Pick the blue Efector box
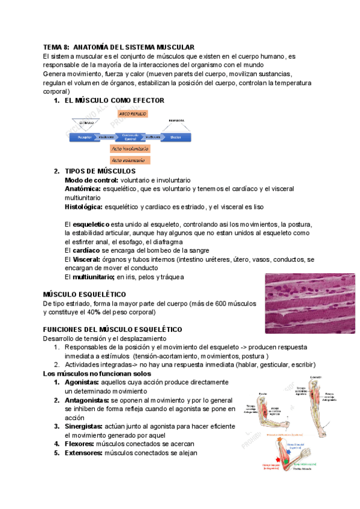click(175, 137)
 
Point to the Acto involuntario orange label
click(130, 148)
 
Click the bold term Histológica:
click(83, 207)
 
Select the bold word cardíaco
click(86, 250)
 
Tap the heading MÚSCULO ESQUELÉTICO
click(85, 294)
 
